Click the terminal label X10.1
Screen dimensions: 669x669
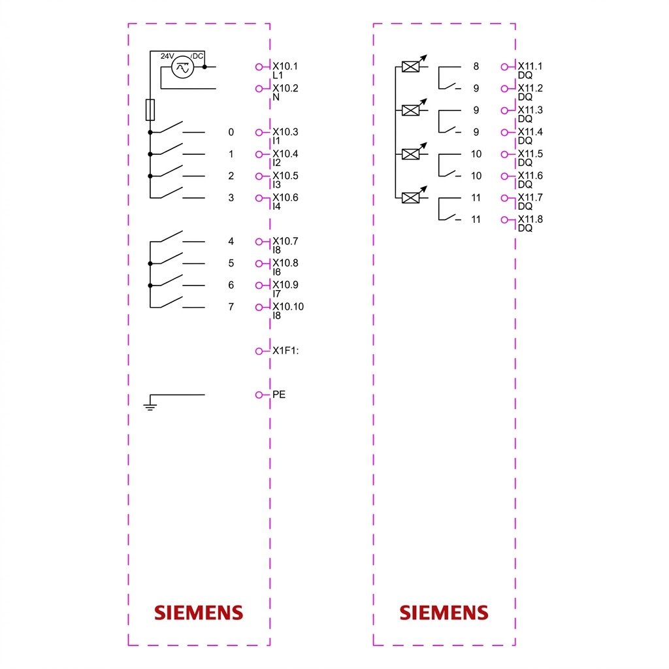[285, 66]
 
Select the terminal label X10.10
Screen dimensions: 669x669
[288, 306]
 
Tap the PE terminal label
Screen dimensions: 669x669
[278, 394]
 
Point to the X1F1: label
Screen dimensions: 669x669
[286, 350]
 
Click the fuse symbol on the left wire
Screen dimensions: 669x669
[150, 110]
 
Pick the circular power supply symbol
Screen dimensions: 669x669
[183, 67]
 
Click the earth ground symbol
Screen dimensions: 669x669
[150, 404]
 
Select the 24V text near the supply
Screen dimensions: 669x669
[167, 56]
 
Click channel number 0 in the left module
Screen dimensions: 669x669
[231, 132]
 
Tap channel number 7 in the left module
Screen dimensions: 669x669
[231, 307]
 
